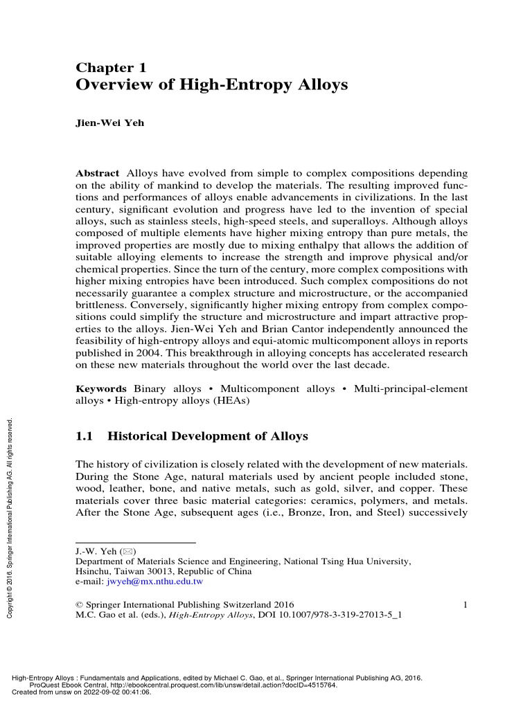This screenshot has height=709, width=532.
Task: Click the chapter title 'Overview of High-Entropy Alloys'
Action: (211, 85)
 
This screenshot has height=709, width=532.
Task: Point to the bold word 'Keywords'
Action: (101, 389)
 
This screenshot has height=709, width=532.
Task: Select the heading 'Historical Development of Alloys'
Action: (208, 437)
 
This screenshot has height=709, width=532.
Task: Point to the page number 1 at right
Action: (465, 604)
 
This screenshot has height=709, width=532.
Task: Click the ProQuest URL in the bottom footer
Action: (201, 685)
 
